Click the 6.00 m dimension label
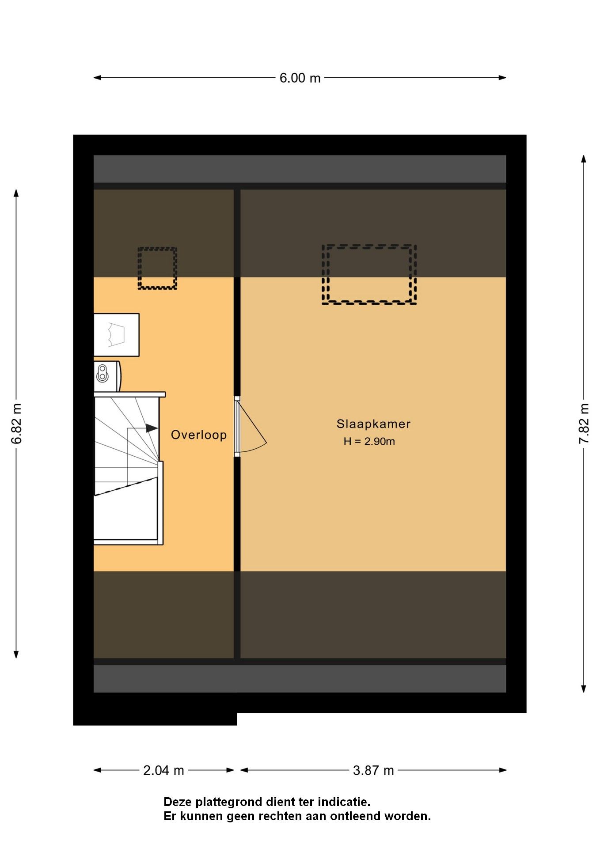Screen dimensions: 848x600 tap(300, 78)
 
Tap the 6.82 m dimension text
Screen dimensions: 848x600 tap(17, 423)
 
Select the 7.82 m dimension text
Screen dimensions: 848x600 tap(584, 423)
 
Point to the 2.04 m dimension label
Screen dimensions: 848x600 tap(163, 771)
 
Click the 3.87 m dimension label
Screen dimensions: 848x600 tap(373, 771)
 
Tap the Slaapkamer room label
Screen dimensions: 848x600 tap(373, 424)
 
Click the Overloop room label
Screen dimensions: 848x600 tap(199, 435)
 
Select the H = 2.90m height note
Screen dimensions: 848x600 tap(369, 441)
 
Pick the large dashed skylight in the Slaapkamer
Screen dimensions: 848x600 tap(369, 274)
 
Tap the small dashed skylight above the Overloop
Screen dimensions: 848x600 tap(157, 268)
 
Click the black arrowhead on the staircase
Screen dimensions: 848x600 tap(152, 428)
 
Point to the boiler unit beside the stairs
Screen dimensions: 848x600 tap(107, 376)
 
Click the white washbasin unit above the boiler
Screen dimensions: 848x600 tap(116, 335)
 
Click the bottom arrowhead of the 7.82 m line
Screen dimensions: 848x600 tap(584, 689)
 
